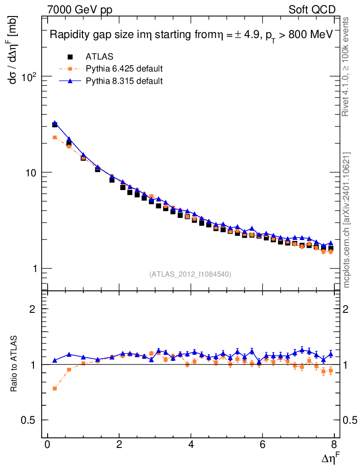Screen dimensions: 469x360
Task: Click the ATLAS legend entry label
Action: [x=99, y=57]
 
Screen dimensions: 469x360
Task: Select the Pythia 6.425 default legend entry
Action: [x=124, y=69]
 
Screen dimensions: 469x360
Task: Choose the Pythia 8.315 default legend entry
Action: [x=124, y=81]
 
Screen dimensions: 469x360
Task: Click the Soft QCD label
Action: [x=312, y=9]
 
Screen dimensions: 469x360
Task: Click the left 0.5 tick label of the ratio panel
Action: [x=30, y=420]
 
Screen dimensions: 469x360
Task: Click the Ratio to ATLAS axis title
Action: [x=14, y=364]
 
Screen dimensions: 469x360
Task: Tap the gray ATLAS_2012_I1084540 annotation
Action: [x=190, y=274]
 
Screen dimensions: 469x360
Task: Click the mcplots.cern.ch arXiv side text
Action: [x=347, y=220]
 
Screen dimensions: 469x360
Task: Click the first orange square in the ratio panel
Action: [x=55, y=388]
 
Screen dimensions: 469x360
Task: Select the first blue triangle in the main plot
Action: [x=55, y=123]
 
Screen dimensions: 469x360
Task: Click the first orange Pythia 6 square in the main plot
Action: [x=55, y=137]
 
